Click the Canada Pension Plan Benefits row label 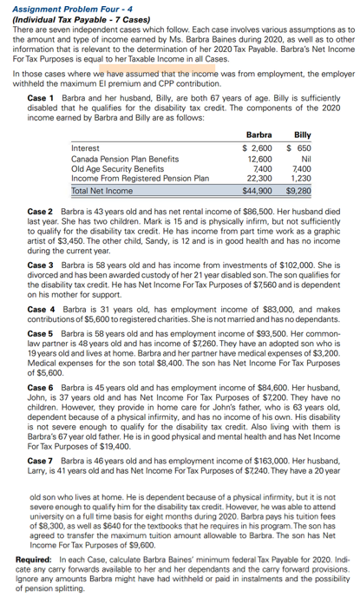(x=116, y=158)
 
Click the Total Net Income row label (x=101, y=189)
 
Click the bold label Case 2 (x=41, y=211)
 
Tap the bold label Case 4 (x=41, y=309)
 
